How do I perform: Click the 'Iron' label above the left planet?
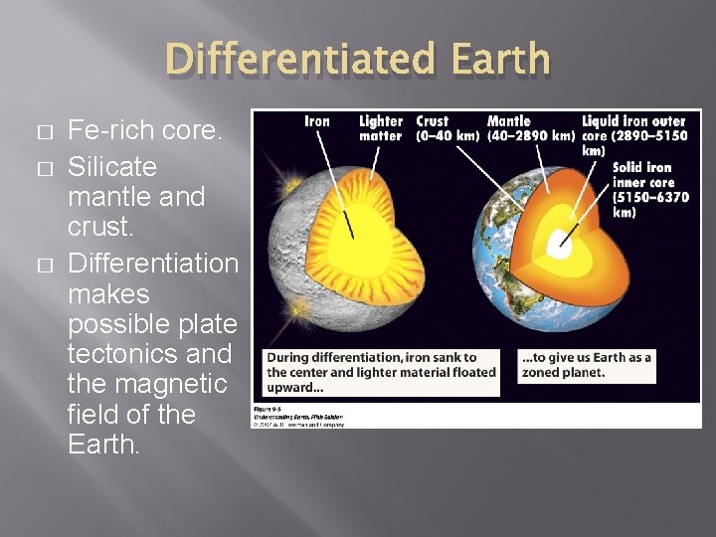pyautogui.click(x=316, y=121)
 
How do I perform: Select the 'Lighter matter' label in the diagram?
pyautogui.click(x=381, y=128)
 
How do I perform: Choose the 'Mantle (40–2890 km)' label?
pyautogui.click(x=530, y=128)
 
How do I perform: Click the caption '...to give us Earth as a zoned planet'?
pyautogui.click(x=586, y=365)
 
